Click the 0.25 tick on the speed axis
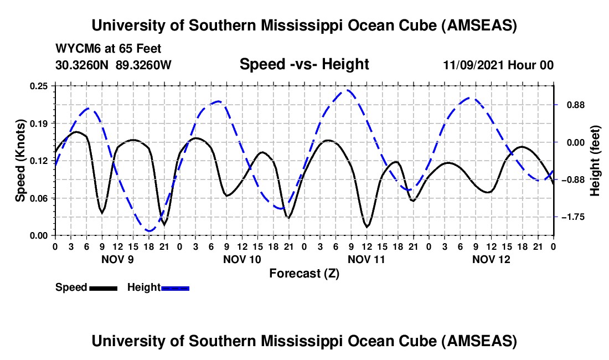[40, 85]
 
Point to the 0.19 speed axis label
[40, 123]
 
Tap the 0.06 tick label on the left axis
[40, 198]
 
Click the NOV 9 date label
[117, 259]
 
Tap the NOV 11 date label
[367, 259]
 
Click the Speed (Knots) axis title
[20, 161]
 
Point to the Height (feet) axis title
[595, 161]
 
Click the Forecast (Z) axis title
[304, 273]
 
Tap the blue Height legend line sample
[175, 287]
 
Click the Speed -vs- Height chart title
[304, 65]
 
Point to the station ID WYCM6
[76, 49]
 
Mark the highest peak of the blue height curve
[348, 90]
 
